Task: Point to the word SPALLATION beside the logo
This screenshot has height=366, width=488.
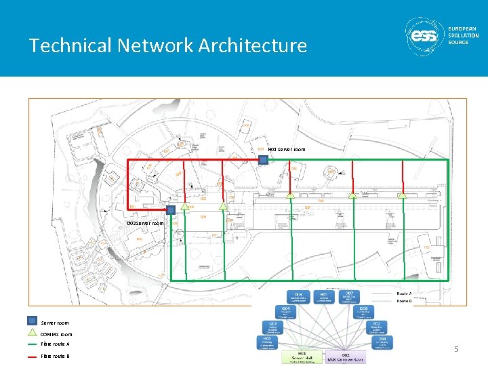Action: pyautogui.click(x=464, y=35)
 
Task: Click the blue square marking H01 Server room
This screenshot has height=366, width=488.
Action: pyautogui.click(x=263, y=159)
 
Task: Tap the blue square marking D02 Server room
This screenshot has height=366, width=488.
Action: pyautogui.click(x=171, y=210)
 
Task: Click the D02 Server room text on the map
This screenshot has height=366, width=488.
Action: pyautogui.click(x=146, y=223)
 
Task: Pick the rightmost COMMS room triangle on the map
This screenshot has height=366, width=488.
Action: pyautogui.click(x=402, y=195)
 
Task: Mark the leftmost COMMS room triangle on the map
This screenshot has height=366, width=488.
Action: pyautogui.click(x=290, y=195)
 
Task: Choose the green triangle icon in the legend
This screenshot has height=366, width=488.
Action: pyautogui.click(x=32, y=333)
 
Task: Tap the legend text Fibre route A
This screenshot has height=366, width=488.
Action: pyautogui.click(x=56, y=344)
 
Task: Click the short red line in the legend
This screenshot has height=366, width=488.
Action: pyautogui.click(x=32, y=355)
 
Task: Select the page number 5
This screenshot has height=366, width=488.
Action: pyautogui.click(x=456, y=349)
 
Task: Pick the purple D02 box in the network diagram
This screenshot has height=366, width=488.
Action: pyautogui.click(x=346, y=357)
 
